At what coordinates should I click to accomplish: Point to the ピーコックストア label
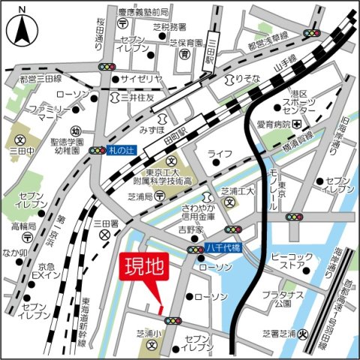286,259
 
